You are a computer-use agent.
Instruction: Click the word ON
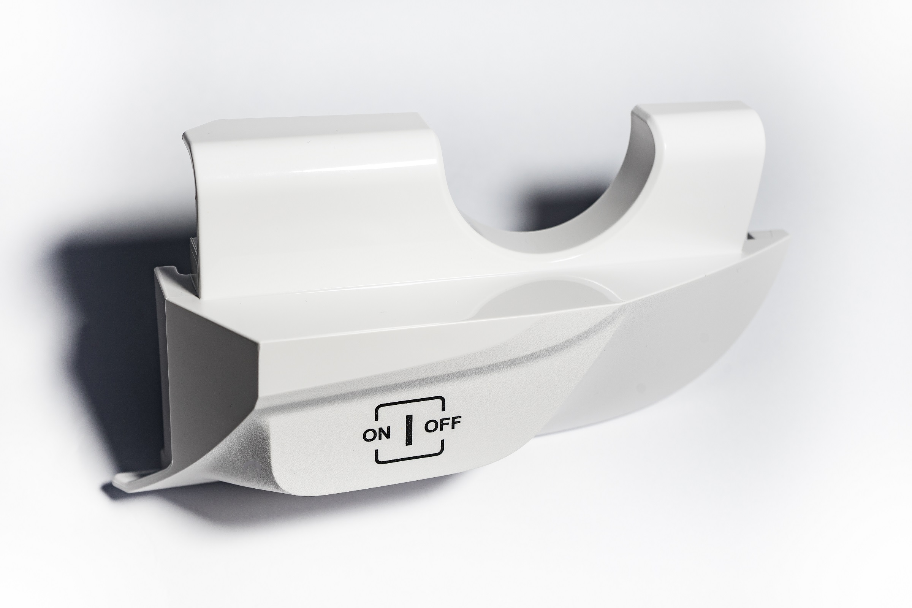(x=376, y=435)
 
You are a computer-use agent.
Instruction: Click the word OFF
(x=443, y=425)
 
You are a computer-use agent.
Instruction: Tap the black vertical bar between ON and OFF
(x=408, y=430)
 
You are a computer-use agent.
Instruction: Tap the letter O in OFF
(x=431, y=427)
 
